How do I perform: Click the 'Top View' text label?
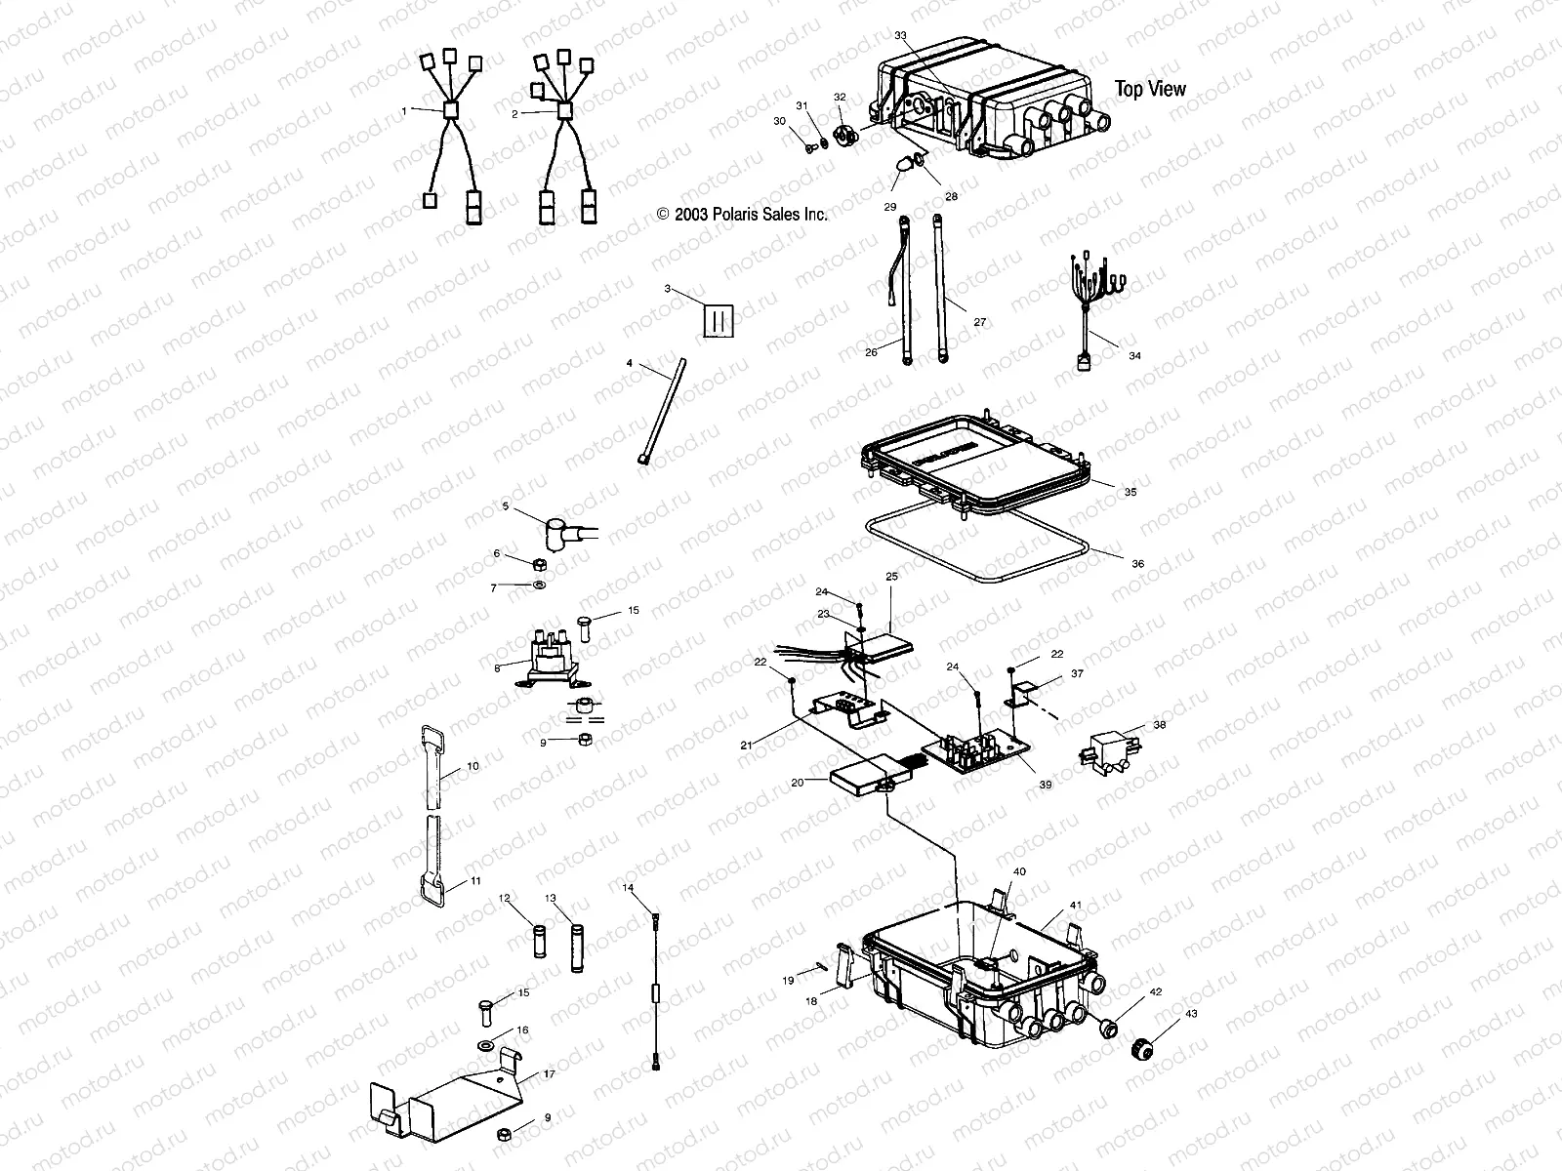(x=1150, y=89)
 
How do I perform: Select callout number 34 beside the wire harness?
(x=1134, y=356)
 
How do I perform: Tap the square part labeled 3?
(x=719, y=319)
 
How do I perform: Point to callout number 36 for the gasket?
(x=1138, y=564)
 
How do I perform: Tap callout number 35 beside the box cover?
(x=1130, y=493)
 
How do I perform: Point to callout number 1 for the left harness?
(x=403, y=111)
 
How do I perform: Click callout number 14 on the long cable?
(x=628, y=887)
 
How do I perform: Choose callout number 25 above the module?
(x=891, y=577)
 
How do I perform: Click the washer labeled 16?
(x=486, y=1046)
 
